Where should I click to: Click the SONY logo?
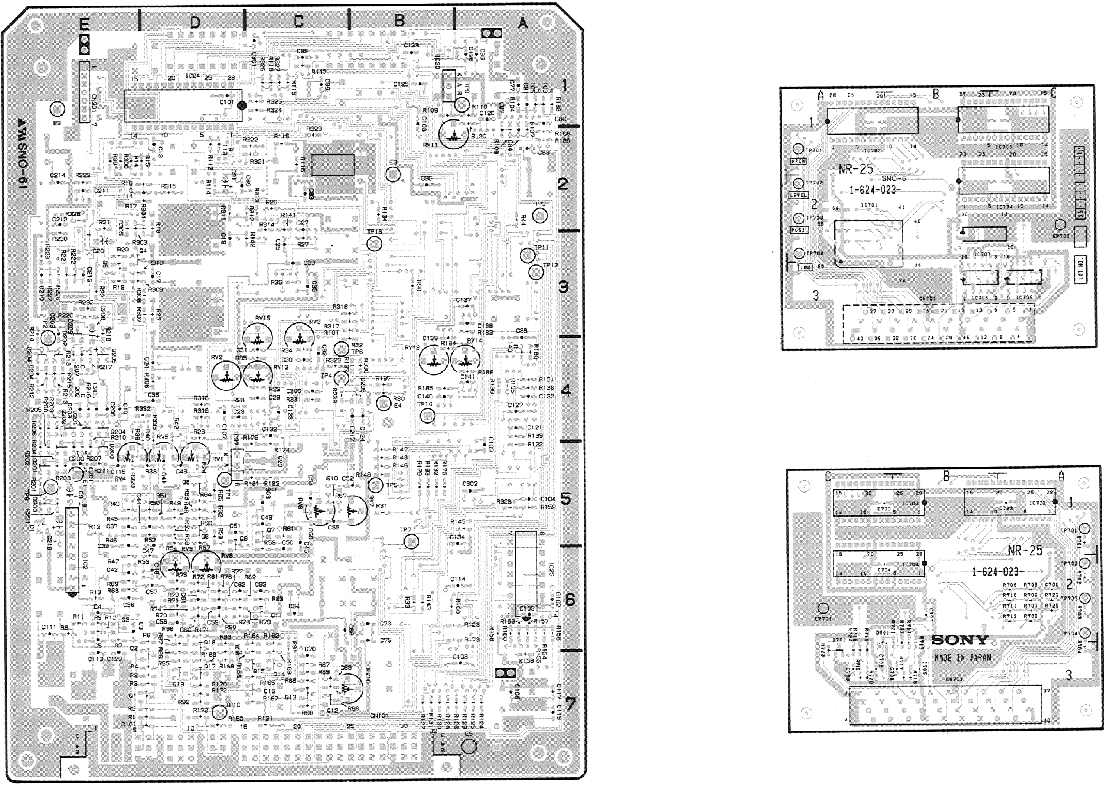tap(960, 640)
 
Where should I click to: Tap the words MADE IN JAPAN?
tap(962, 657)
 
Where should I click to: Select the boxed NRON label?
tap(798, 162)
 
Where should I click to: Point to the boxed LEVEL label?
tap(798, 196)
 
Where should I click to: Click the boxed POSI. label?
tap(798, 230)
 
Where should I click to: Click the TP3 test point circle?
tap(540, 215)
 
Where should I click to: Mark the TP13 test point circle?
tap(374, 244)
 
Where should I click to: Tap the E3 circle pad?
tap(393, 175)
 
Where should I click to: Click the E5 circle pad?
tap(468, 746)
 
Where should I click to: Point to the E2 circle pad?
tap(57, 109)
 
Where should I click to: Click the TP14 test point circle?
tap(426, 416)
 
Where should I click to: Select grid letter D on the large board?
tap(194, 23)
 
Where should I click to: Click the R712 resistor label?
tap(1009, 616)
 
